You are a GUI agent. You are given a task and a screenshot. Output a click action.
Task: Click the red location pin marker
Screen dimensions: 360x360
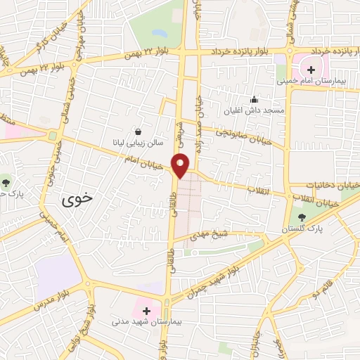pos(182,165)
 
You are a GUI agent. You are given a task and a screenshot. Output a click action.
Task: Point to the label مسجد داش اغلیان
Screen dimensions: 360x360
pos(254,110)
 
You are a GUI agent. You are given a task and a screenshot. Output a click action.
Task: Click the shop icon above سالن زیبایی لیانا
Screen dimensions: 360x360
pos(138,131)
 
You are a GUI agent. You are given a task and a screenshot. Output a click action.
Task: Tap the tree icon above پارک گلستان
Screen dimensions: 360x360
pos(303,218)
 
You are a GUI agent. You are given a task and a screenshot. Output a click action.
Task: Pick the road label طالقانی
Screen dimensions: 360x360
pos(172,215)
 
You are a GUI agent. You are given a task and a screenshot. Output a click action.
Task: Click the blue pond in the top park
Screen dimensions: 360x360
pos(160,33)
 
